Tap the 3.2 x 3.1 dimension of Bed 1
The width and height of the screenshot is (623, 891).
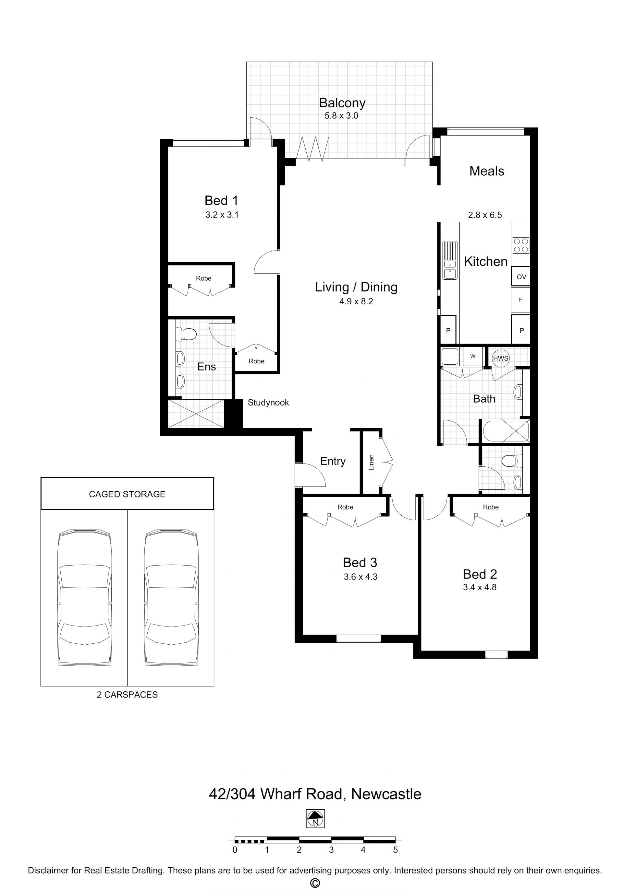click(222, 215)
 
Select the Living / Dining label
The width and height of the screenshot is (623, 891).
click(356, 287)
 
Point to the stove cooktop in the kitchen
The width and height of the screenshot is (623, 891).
click(521, 245)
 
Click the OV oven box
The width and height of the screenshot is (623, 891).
click(521, 277)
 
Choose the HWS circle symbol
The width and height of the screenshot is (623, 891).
click(501, 358)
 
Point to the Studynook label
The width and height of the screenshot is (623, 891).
click(268, 403)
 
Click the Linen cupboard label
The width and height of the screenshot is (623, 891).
click(371, 462)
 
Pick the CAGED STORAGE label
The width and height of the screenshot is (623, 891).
click(127, 494)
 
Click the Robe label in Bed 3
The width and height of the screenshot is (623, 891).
click(345, 507)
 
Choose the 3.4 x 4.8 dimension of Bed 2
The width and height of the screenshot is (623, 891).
click(480, 587)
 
